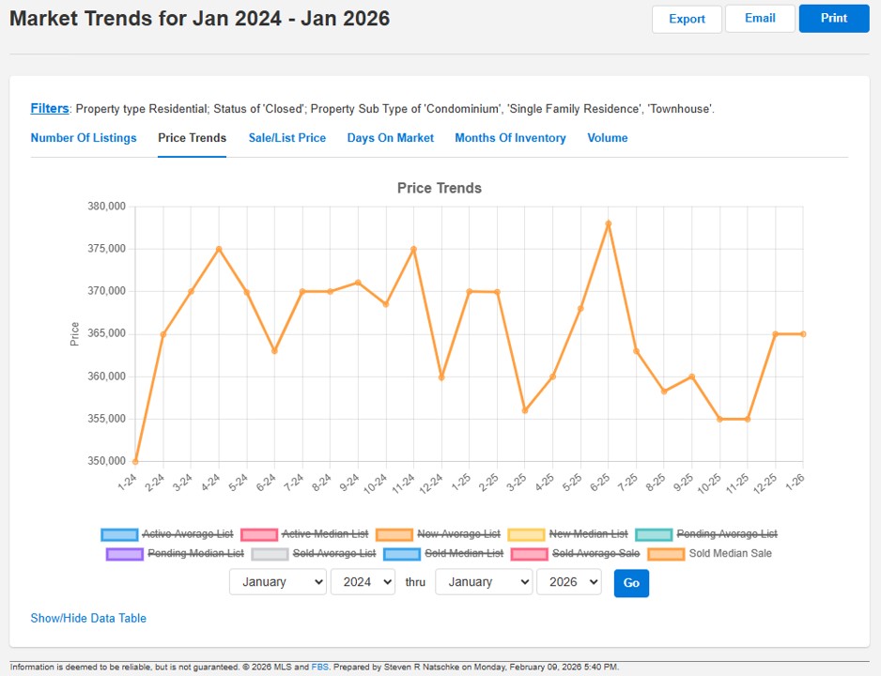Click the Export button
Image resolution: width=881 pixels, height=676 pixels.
coord(687,19)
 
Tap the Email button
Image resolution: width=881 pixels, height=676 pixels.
coord(760,19)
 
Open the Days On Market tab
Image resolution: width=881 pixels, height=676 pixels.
coord(390,138)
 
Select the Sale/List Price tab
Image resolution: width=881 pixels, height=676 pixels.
coord(287,138)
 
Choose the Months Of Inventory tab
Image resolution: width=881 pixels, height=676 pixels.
coord(510,138)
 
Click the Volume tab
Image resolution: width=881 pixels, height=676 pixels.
coord(608,138)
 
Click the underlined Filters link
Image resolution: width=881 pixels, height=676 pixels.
coord(50,109)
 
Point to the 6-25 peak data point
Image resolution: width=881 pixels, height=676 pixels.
coord(609,223)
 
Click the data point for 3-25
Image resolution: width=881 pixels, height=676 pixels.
coord(525,410)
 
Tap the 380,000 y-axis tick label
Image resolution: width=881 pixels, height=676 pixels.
coord(106,207)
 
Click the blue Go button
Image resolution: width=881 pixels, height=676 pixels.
coord(631,583)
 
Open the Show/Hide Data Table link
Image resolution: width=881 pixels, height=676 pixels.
coord(88,618)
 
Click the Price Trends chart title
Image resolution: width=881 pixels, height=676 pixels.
coord(440,188)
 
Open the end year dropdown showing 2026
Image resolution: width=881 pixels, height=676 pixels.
coord(568,582)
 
